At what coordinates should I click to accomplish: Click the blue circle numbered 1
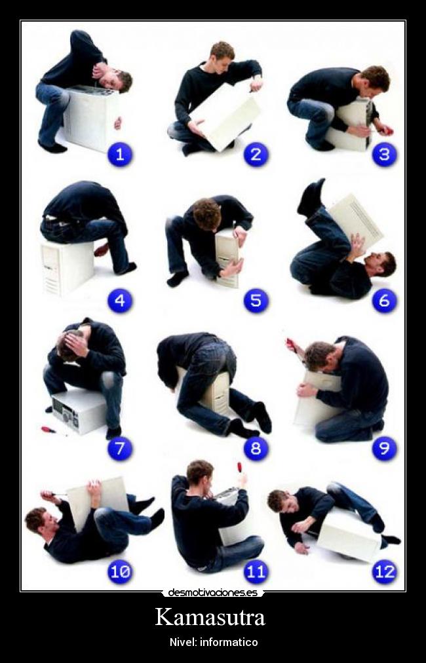pyautogui.click(x=120, y=155)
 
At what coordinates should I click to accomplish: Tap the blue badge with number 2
pyautogui.click(x=256, y=155)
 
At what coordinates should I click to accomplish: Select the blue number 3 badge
pyautogui.click(x=385, y=155)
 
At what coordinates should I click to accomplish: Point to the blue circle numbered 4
pyautogui.click(x=120, y=301)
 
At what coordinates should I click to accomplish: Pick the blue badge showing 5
pyautogui.click(x=256, y=301)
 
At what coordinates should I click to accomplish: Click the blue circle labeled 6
pyautogui.click(x=385, y=301)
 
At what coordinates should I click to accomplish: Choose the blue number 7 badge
pyautogui.click(x=120, y=449)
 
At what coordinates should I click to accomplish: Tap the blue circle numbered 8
pyautogui.click(x=256, y=449)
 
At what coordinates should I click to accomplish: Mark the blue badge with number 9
pyautogui.click(x=385, y=449)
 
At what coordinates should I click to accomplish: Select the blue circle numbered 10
pyautogui.click(x=120, y=572)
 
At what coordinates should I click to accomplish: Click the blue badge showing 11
pyautogui.click(x=256, y=572)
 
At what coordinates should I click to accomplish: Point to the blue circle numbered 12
pyautogui.click(x=385, y=572)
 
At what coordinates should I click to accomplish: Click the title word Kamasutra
pyautogui.click(x=210, y=617)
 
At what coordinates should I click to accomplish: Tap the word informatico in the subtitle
pyautogui.click(x=229, y=643)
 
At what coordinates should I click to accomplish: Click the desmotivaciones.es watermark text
pyautogui.click(x=212, y=593)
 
